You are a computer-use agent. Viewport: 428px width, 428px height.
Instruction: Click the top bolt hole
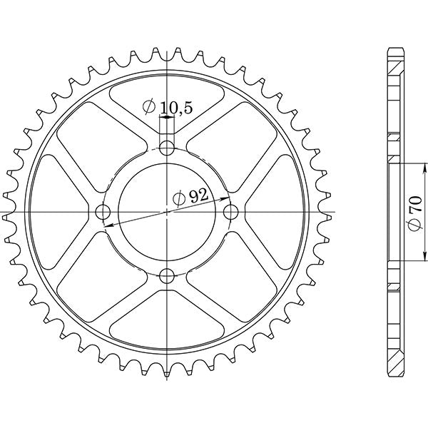(168, 148)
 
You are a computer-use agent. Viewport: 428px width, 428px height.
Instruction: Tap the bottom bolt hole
(168, 275)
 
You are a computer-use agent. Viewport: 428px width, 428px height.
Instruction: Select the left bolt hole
(103, 212)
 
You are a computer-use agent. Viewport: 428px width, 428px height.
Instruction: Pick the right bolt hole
(230, 212)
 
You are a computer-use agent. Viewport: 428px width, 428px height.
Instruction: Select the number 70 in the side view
(416, 207)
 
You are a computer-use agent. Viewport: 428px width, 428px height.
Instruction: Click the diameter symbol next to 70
(416, 226)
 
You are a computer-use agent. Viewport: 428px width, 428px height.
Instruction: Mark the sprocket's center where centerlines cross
(168, 212)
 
